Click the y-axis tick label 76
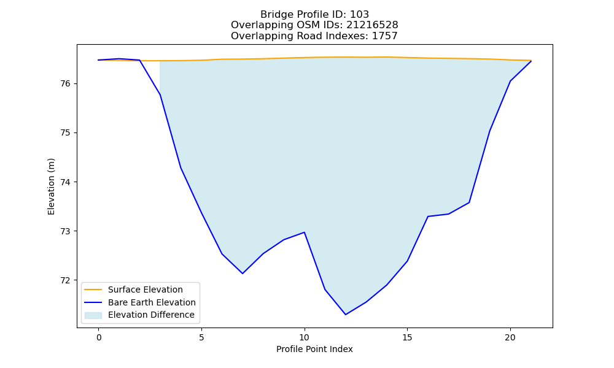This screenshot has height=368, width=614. (66, 84)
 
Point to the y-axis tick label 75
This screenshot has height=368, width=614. (66, 133)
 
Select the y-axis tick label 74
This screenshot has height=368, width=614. (66, 182)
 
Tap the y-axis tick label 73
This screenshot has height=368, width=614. (66, 231)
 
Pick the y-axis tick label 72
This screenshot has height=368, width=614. (66, 280)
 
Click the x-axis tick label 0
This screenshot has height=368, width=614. (99, 337)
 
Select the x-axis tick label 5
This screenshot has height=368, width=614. (201, 337)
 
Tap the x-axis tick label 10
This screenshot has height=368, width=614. (305, 337)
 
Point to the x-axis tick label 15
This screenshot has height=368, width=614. (407, 337)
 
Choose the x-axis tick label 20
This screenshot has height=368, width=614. (510, 337)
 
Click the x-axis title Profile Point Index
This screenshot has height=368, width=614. (314, 349)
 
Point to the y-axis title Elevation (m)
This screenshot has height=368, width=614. (51, 186)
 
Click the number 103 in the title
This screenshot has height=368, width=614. (359, 15)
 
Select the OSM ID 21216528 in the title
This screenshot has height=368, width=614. (372, 25)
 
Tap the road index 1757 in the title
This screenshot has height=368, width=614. (384, 36)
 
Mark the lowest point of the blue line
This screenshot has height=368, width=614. (345, 315)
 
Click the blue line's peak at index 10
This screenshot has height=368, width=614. (305, 232)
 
